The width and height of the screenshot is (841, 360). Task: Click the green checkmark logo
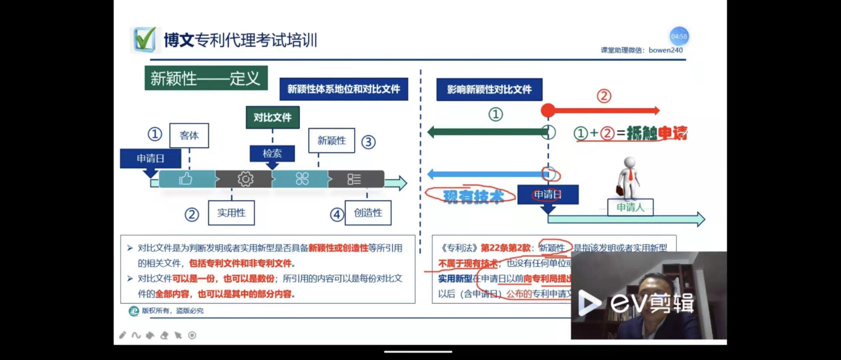click(x=145, y=40)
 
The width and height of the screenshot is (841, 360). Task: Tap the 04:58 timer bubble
click(x=679, y=36)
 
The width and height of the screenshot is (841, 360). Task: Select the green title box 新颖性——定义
click(x=206, y=78)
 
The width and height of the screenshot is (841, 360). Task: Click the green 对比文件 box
click(x=272, y=117)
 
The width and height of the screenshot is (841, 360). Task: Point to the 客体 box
click(x=189, y=135)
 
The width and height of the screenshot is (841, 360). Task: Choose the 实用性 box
click(x=231, y=213)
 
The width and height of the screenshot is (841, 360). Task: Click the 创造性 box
click(x=368, y=213)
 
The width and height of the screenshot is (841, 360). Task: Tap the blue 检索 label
click(x=272, y=153)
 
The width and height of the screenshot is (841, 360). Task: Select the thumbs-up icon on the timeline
click(x=186, y=179)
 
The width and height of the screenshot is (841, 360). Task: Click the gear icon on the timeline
click(x=245, y=179)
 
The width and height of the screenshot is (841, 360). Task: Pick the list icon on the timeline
click(x=354, y=179)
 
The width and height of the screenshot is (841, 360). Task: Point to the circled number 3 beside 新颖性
click(x=368, y=142)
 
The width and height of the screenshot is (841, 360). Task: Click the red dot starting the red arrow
click(x=548, y=110)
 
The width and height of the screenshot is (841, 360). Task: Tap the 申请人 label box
click(x=630, y=207)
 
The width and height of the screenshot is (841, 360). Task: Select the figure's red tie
click(x=631, y=175)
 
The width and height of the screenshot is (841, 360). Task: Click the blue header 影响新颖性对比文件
click(x=489, y=89)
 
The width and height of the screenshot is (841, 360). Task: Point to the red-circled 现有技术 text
click(x=473, y=196)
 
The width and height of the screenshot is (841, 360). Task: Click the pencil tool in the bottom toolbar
click(x=122, y=335)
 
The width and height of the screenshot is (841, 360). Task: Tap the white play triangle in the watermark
click(x=589, y=303)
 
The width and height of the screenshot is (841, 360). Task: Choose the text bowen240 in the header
click(x=666, y=50)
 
